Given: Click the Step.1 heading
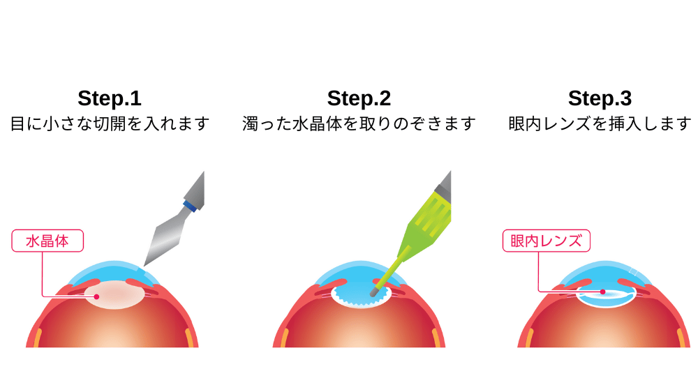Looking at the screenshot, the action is (x=110, y=99).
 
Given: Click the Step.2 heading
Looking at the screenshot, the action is (x=359, y=99).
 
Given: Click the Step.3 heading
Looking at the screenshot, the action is (x=600, y=99).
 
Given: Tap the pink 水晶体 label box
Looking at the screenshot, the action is (x=47, y=241).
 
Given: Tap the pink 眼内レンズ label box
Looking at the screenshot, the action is (x=547, y=241).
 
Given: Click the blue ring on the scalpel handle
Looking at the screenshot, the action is (x=191, y=206).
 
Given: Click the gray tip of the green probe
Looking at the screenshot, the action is (x=374, y=292).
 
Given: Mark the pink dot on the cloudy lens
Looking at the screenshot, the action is (x=96, y=296).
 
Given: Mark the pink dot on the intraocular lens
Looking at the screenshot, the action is (x=603, y=292).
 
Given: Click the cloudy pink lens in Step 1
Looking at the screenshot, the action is (x=114, y=294).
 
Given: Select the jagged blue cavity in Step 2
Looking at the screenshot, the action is (x=361, y=294).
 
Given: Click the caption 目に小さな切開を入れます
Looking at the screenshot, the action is (x=110, y=123).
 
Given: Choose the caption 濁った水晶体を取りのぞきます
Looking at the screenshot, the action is (x=359, y=123).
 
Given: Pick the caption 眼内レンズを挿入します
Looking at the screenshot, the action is (x=600, y=123).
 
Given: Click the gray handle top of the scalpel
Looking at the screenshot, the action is (x=196, y=188).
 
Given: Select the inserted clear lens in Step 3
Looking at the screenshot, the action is (x=606, y=296).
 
